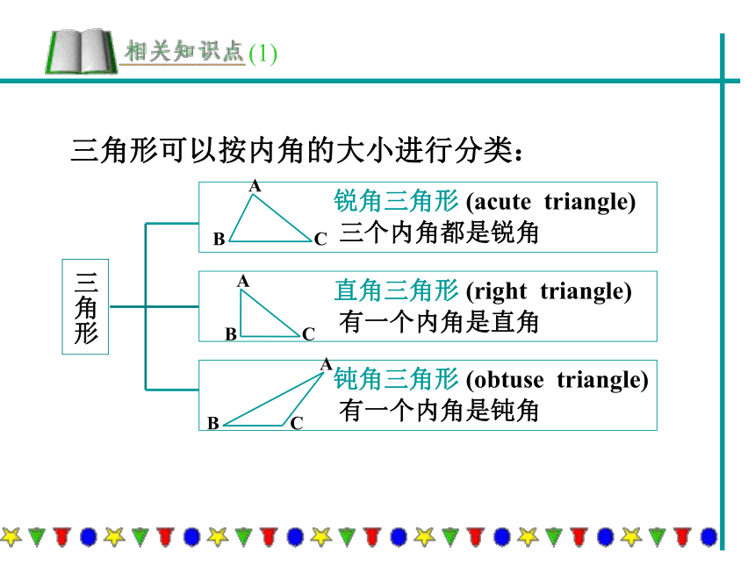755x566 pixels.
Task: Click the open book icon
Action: click(x=81, y=51)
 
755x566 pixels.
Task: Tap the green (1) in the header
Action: click(x=262, y=54)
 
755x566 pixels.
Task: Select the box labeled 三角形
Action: click(x=85, y=306)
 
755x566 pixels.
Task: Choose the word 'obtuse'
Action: click(x=508, y=380)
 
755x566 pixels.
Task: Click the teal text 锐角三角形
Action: click(x=396, y=201)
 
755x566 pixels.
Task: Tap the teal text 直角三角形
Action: click(x=396, y=290)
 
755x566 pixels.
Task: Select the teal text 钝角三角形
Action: click(x=396, y=379)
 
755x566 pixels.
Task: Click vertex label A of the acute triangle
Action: click(x=255, y=186)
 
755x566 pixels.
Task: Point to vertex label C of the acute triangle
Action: click(x=320, y=239)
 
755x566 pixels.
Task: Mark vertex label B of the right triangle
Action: click(x=231, y=334)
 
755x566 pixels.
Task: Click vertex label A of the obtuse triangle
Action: click(x=327, y=364)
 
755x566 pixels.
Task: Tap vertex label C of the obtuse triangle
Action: click(x=297, y=423)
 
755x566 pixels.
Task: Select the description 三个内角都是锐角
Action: click(x=439, y=233)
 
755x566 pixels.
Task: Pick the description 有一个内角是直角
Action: click(x=439, y=322)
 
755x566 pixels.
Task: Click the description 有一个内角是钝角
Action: click(x=439, y=411)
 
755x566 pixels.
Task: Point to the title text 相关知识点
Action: click(x=184, y=51)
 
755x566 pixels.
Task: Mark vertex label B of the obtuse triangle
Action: click(x=213, y=423)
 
